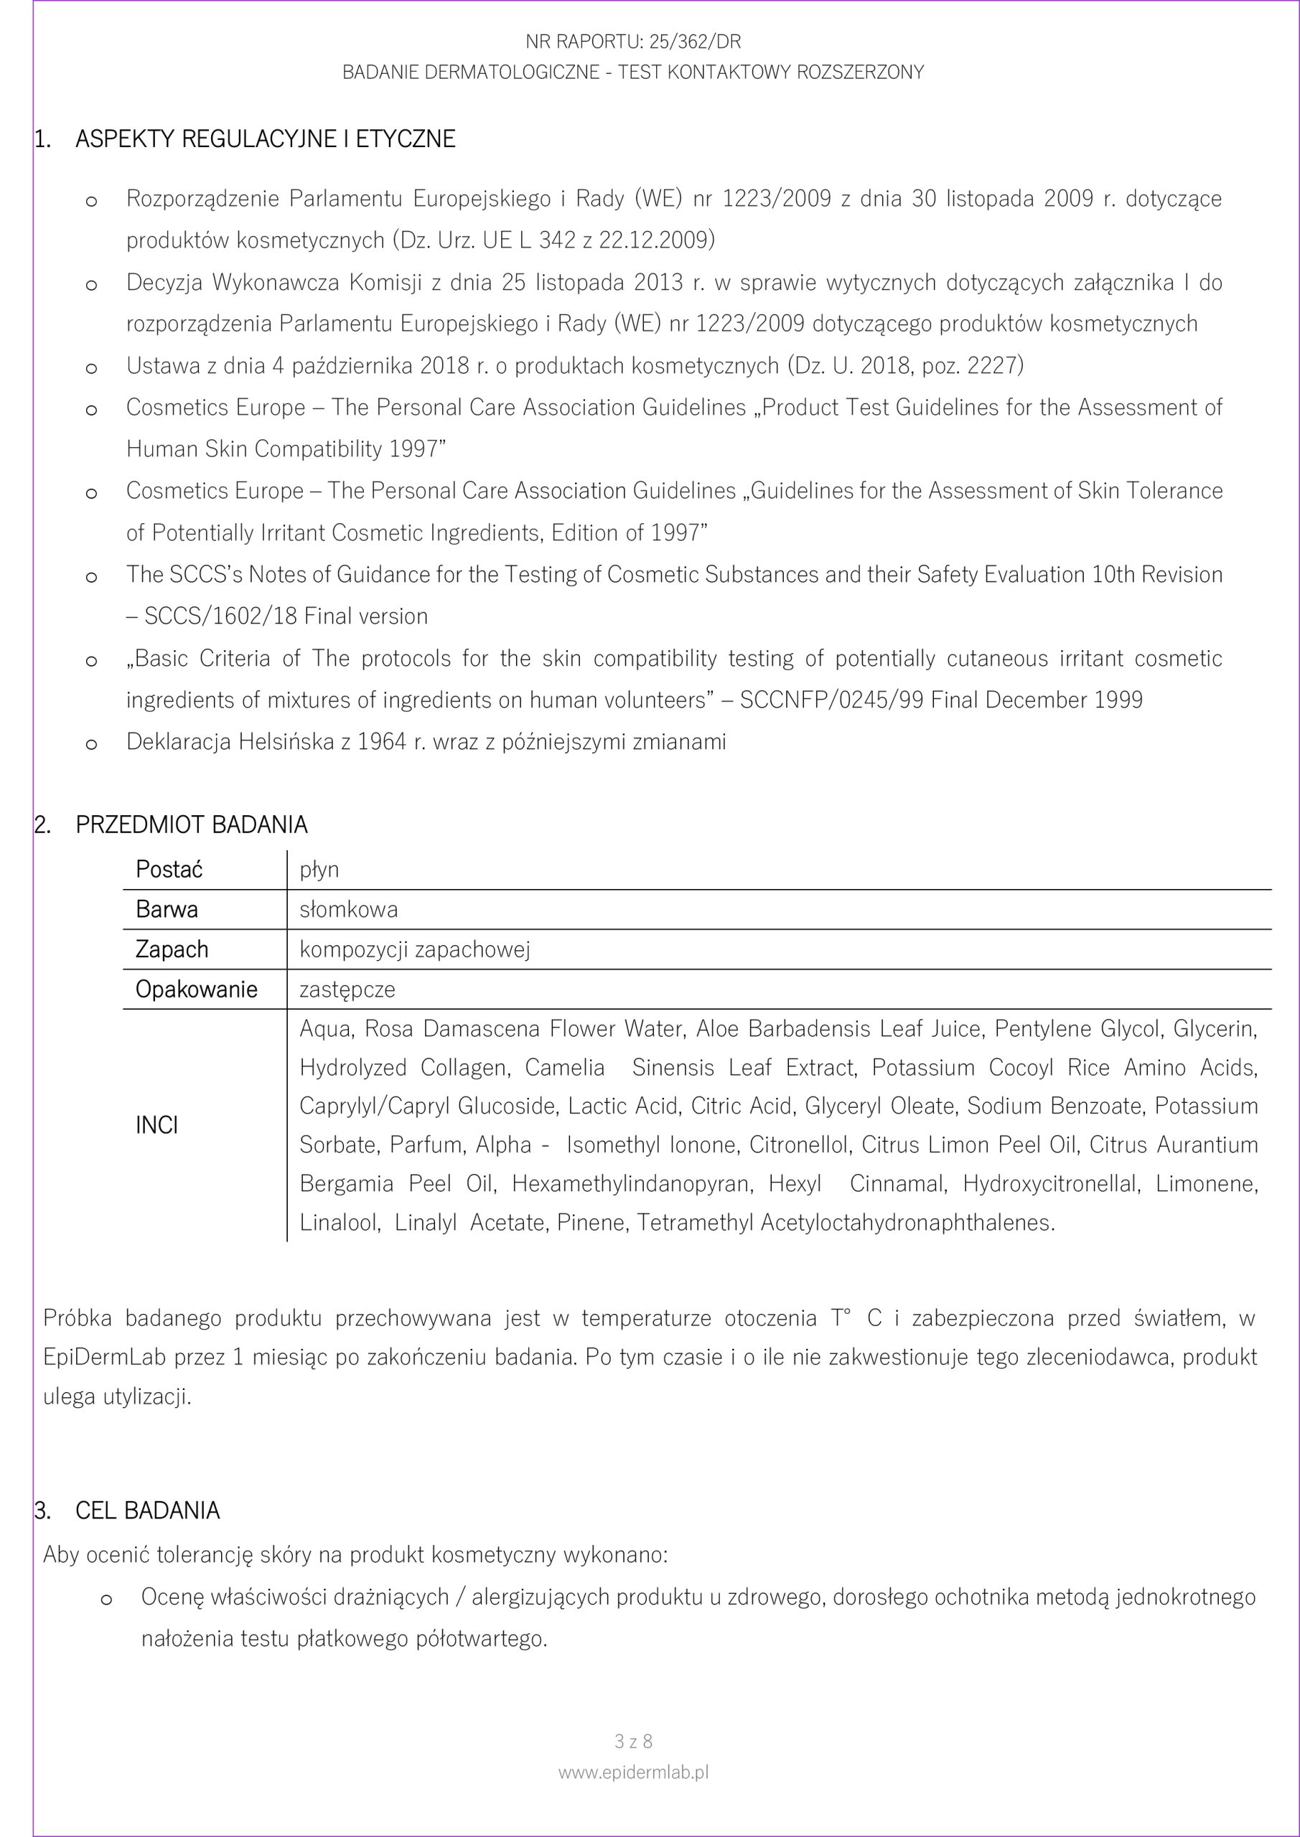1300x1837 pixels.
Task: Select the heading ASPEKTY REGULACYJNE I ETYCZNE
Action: (x=265, y=139)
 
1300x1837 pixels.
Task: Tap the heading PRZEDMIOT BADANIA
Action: (x=192, y=825)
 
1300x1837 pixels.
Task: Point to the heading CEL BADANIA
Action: (x=147, y=1511)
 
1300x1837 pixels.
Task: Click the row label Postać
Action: (x=169, y=870)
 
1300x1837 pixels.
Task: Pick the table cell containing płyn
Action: (x=319, y=870)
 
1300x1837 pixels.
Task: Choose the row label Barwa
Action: (x=167, y=910)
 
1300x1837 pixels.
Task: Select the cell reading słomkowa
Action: (x=348, y=910)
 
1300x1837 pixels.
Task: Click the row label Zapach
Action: (x=172, y=949)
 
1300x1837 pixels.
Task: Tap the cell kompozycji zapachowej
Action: (x=415, y=949)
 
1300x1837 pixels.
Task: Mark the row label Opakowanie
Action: (x=196, y=990)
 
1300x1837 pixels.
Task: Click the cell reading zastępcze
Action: (x=347, y=990)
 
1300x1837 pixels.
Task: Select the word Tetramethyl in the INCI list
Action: (x=695, y=1223)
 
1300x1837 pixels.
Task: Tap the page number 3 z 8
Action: (x=633, y=1741)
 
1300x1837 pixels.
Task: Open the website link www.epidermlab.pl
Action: (x=633, y=1772)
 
